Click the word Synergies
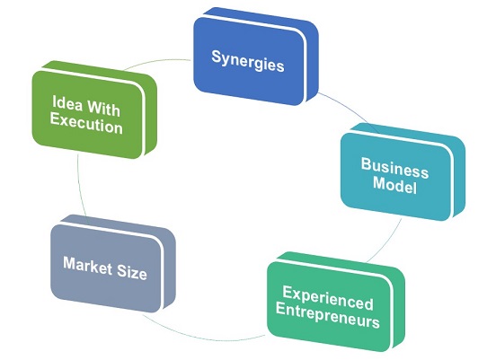248,61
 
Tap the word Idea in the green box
66,102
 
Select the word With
103,109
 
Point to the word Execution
86,123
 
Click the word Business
394,168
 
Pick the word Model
394,184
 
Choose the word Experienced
328,298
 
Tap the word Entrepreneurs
327,315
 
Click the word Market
88,266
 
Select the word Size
132,271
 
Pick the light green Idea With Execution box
94,110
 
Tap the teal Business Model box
403,171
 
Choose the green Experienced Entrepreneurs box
336,302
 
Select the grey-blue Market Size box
113,263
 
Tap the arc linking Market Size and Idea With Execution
79,187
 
